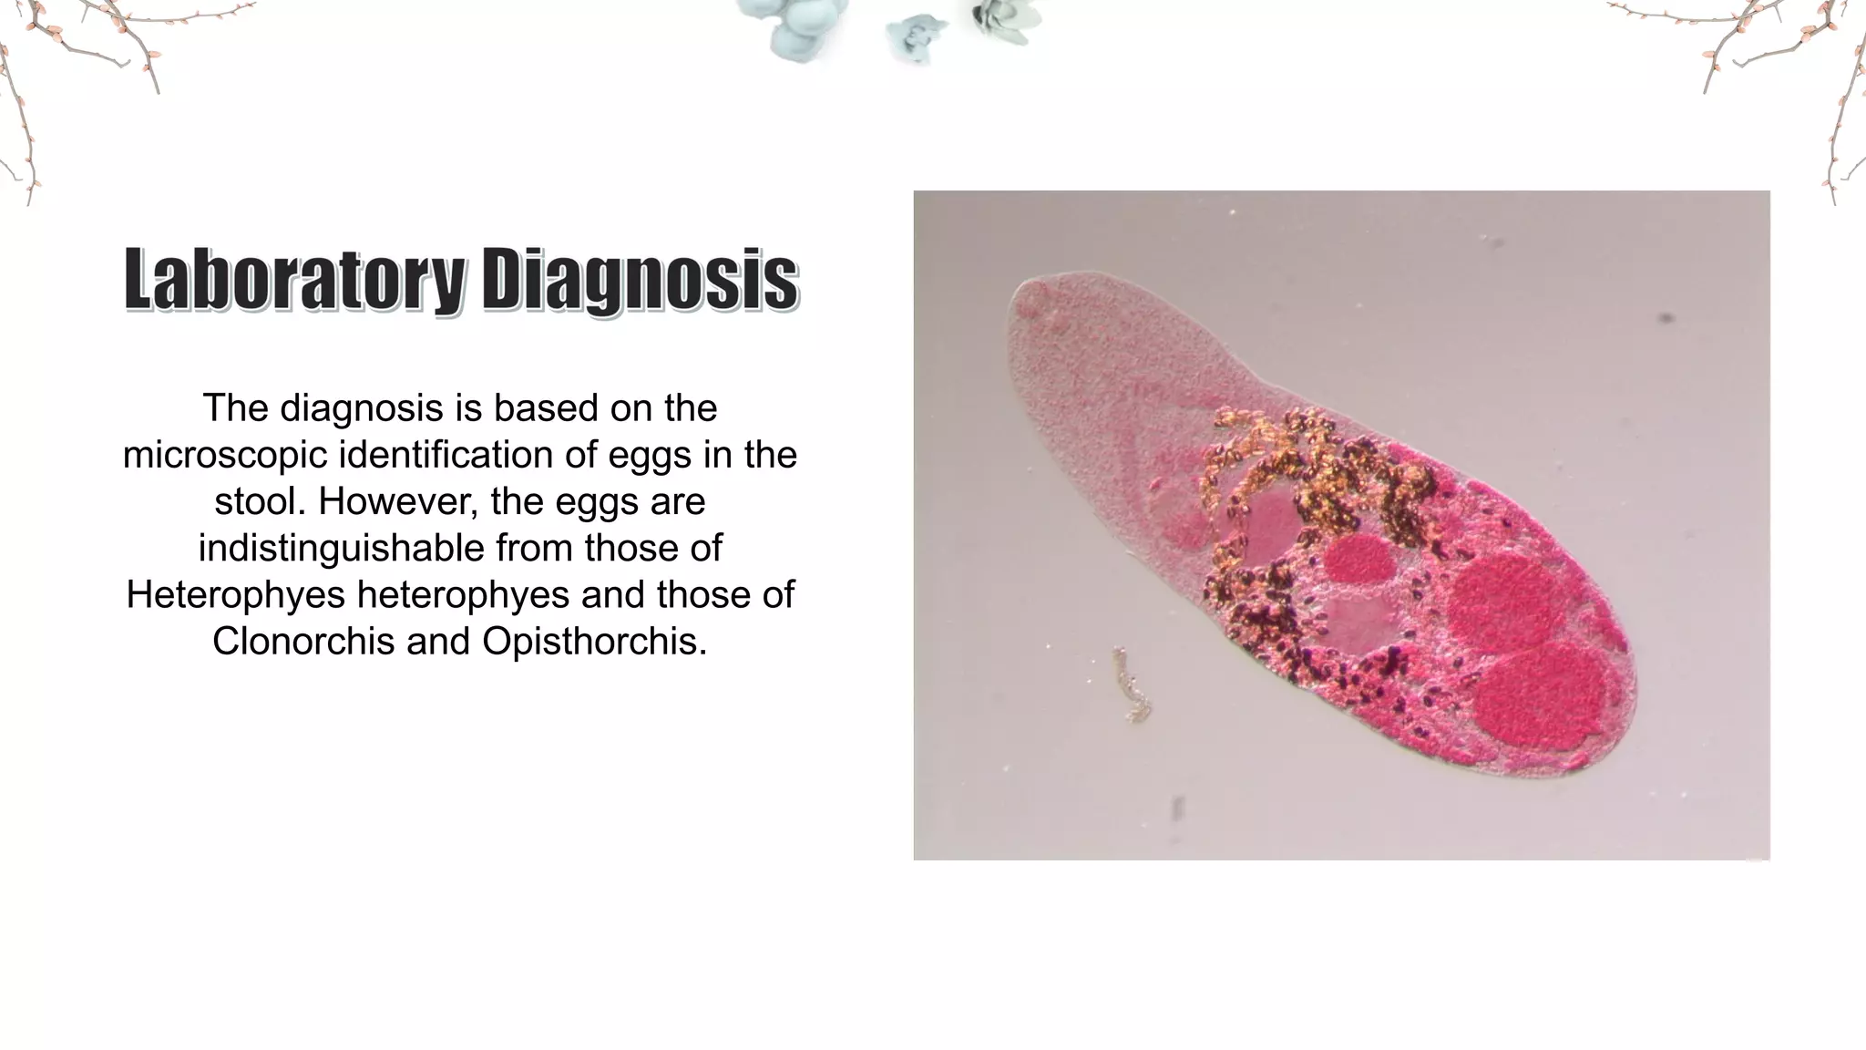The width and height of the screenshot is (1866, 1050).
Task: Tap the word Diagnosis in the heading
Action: [640, 280]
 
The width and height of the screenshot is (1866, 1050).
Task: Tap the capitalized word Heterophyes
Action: [236, 595]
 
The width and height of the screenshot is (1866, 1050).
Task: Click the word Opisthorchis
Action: [594, 642]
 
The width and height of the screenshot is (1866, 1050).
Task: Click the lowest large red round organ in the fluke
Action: [1539, 695]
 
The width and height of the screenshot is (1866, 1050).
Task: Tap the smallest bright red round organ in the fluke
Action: [1358, 558]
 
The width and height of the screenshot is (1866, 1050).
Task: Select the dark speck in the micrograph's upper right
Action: [1666, 318]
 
